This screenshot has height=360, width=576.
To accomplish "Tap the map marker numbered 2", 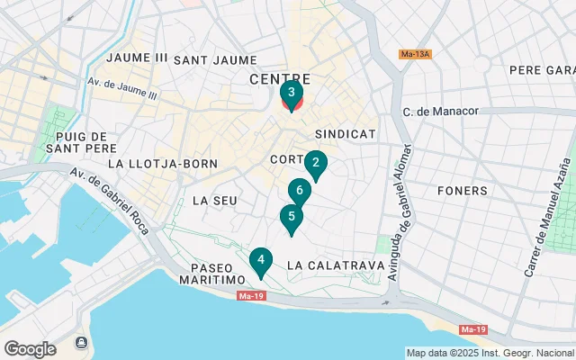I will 315,164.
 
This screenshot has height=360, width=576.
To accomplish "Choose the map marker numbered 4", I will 261,261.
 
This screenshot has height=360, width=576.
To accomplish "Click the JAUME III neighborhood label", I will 137,58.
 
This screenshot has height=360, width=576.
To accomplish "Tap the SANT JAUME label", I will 215,60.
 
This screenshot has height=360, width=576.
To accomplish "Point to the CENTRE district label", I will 279,79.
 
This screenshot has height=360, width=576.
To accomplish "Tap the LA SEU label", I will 215,200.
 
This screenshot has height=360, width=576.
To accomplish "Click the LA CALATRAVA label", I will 336,265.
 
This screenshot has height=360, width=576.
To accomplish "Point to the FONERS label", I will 462,191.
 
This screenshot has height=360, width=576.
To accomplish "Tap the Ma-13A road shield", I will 416,54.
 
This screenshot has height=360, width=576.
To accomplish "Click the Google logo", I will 31,348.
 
